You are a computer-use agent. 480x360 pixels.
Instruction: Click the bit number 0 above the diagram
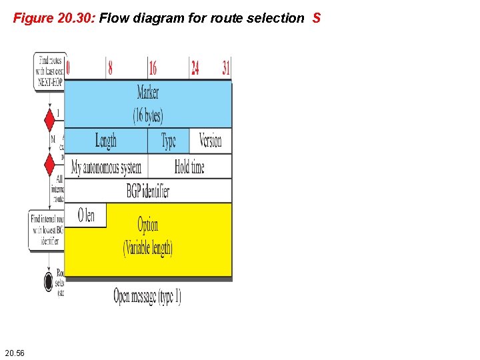[69, 67]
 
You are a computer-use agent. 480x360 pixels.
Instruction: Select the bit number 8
[109, 67]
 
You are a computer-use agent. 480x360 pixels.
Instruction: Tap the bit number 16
[153, 67]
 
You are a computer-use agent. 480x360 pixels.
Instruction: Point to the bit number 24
[195, 67]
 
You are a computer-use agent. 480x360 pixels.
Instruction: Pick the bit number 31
[227, 67]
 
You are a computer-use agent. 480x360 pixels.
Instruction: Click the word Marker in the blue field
[148, 91]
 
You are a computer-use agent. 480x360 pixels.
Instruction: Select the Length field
[105, 141]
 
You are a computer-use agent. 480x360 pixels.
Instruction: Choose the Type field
[169, 141]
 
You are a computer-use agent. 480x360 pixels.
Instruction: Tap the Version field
[210, 141]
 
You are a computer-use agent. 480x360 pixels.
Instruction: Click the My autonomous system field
[106, 167]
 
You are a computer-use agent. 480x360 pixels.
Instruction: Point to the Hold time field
[189, 167]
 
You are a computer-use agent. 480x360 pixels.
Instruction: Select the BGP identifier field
[147, 191]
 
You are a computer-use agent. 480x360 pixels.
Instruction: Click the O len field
[86, 215]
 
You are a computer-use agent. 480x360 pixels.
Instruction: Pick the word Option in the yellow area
[148, 224]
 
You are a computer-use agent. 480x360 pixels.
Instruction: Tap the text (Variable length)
[148, 249]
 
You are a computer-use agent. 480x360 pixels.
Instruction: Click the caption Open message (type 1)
[147, 296]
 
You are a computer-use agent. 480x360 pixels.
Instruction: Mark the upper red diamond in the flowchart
[49, 121]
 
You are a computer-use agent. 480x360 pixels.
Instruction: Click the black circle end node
[49, 282]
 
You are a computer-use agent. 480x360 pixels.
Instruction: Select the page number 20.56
[14, 352]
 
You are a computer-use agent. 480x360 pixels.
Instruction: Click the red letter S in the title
[316, 18]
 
